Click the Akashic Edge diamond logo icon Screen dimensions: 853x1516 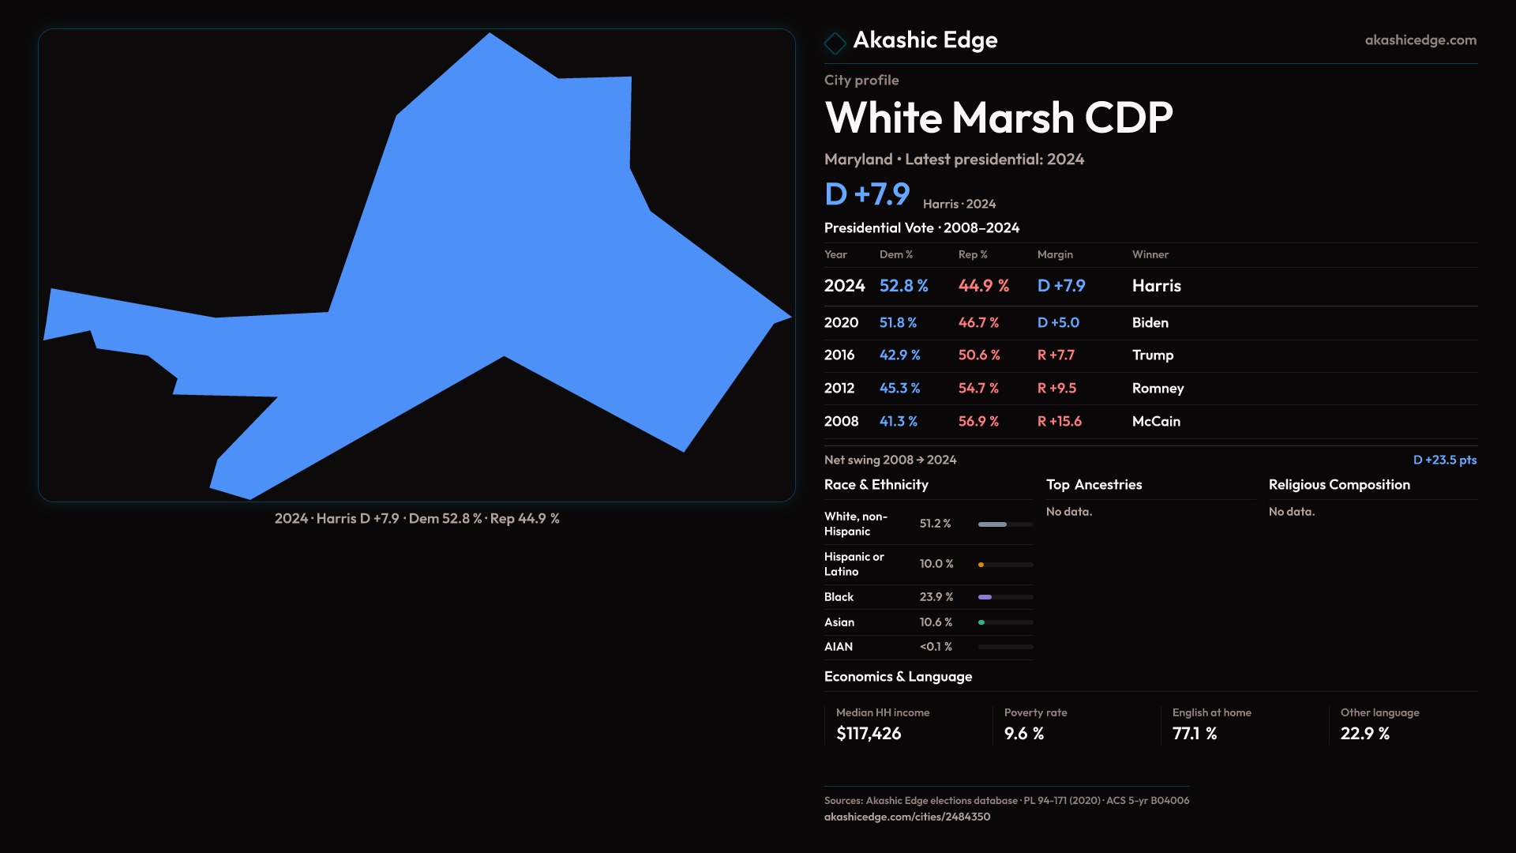(835, 43)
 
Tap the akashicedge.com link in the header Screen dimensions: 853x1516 (1420, 40)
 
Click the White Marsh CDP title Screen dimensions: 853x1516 (998, 118)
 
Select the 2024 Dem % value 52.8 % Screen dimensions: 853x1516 (903, 286)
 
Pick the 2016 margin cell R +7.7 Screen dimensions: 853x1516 (1056, 355)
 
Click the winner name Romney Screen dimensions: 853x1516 (1158, 389)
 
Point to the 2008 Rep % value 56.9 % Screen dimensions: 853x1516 (978, 422)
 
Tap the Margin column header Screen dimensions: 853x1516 (1055, 254)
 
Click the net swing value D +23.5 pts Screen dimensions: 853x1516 (1444, 460)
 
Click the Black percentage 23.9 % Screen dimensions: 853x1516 (936, 597)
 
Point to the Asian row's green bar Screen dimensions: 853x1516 (981, 622)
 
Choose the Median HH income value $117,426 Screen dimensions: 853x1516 (869, 734)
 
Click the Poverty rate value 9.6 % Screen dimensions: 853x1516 (1023, 734)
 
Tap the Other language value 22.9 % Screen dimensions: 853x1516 (1364, 734)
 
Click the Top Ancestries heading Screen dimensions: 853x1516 (1094, 485)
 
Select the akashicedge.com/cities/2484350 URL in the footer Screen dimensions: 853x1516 (906, 817)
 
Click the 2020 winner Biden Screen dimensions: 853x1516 (1150, 323)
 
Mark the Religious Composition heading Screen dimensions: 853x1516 (1338, 485)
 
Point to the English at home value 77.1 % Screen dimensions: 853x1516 (1194, 734)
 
